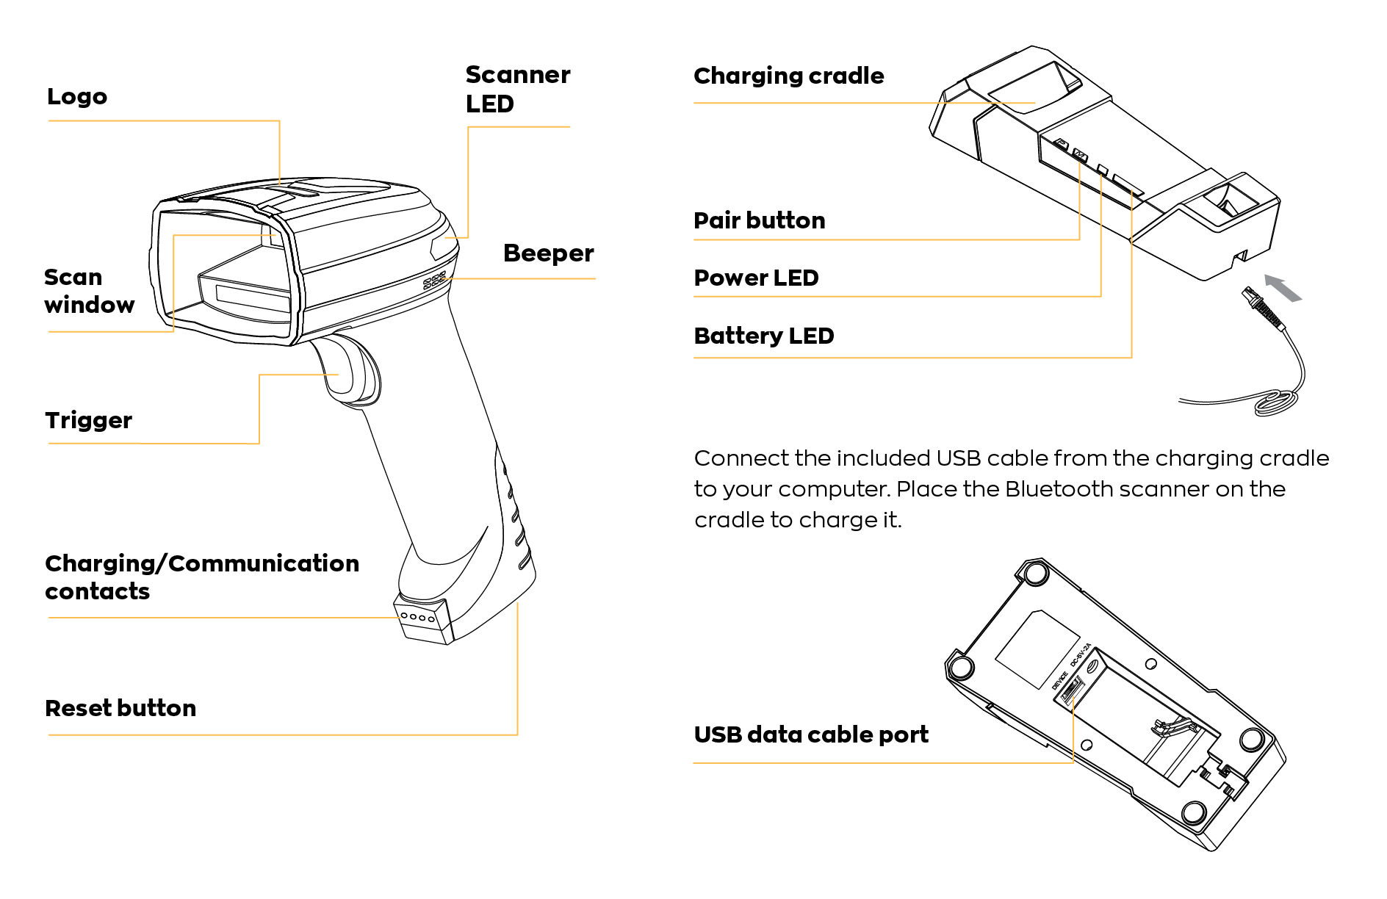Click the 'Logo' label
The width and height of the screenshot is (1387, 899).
(x=77, y=97)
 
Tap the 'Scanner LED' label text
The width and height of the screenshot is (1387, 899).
(x=517, y=90)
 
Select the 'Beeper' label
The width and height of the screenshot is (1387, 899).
(x=548, y=253)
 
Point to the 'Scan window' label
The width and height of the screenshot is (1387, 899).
(x=89, y=291)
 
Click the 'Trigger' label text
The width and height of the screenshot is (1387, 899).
(x=88, y=420)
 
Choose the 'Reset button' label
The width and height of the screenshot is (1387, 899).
(x=120, y=708)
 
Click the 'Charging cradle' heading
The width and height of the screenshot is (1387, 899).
(x=788, y=76)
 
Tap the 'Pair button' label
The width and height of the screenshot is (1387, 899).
(x=759, y=220)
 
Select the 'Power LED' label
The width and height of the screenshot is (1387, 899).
(x=756, y=278)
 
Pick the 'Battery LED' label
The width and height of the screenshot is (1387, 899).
(x=763, y=336)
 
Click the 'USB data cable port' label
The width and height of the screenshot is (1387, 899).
(x=810, y=734)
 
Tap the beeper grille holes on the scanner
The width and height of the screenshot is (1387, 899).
(x=434, y=281)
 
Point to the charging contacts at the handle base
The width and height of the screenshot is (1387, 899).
(x=417, y=618)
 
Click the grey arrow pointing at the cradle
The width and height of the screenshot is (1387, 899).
(x=1283, y=288)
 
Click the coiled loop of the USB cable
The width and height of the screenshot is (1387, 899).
(x=1276, y=402)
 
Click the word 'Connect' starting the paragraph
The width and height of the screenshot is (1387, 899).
(x=741, y=458)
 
